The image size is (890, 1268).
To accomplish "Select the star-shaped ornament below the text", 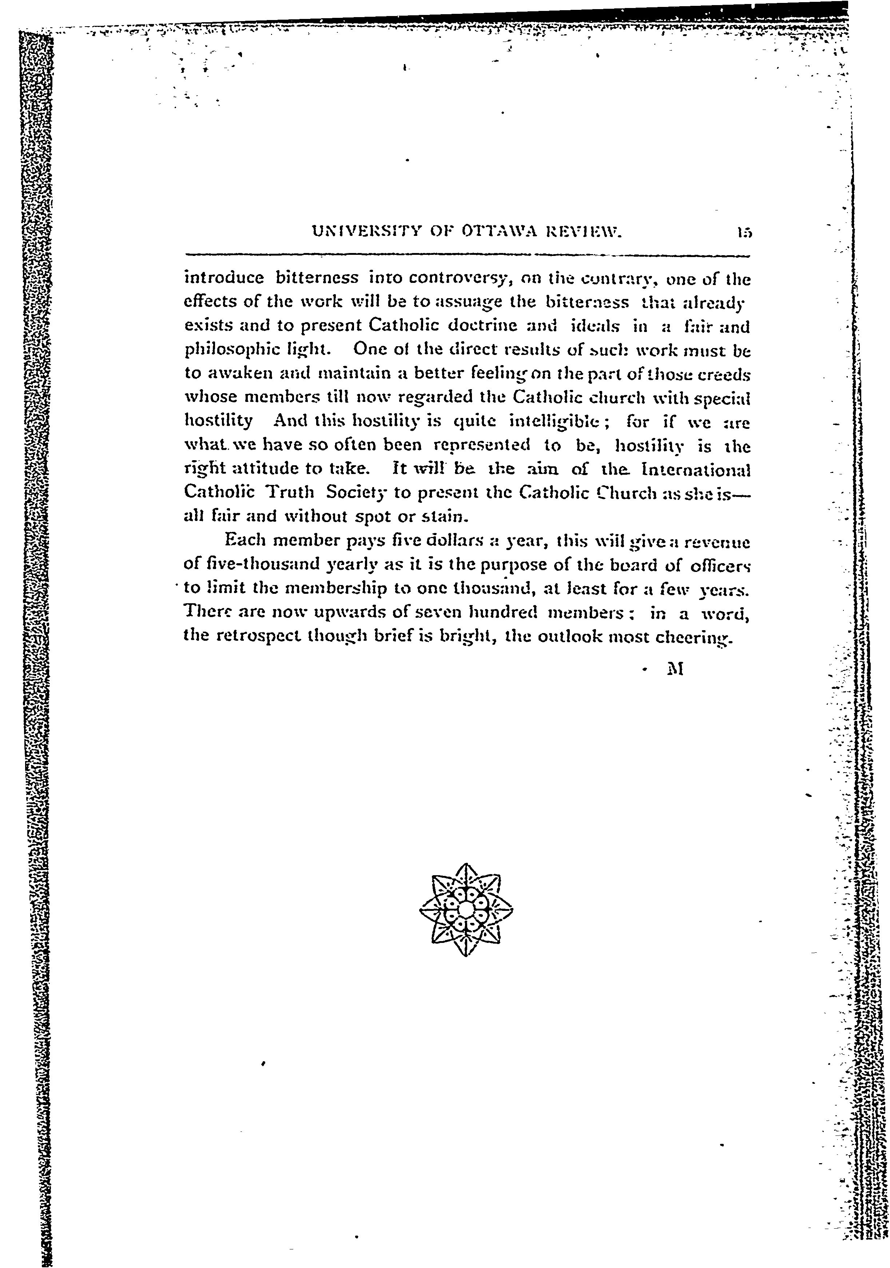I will click(x=466, y=909).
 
